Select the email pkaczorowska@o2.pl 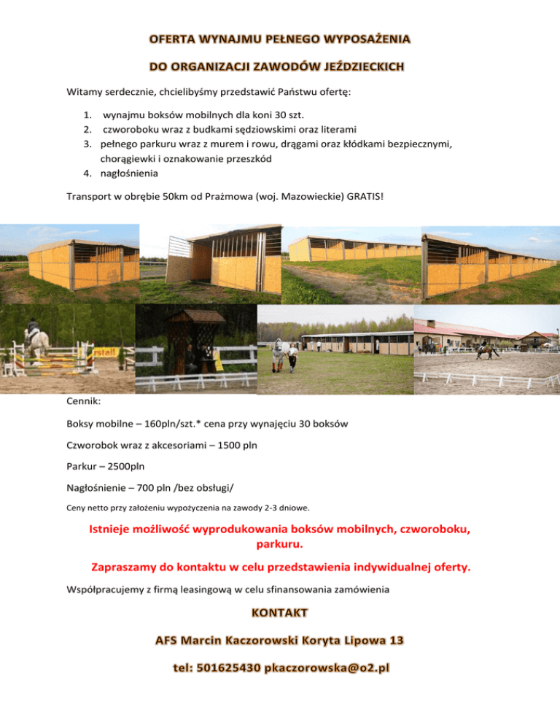(x=327, y=668)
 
